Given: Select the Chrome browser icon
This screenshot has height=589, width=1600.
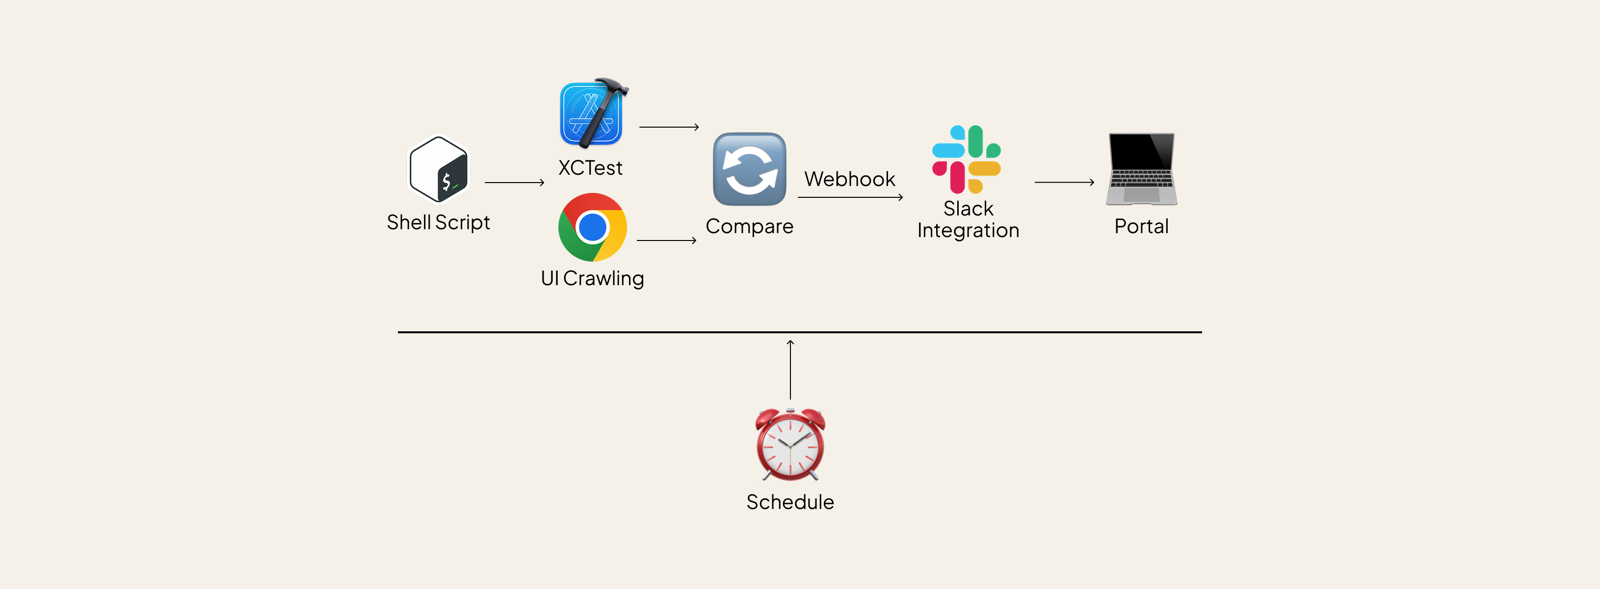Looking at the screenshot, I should click(593, 227).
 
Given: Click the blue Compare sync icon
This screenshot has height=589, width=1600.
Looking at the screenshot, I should click(750, 169).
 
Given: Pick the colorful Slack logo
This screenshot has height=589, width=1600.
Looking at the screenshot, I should click(967, 159).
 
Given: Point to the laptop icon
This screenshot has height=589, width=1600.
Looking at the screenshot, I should click(1142, 169).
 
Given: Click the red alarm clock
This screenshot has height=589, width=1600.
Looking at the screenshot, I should click(790, 445).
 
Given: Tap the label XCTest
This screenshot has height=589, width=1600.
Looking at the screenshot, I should click(590, 168).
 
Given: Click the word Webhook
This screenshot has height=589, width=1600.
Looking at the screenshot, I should click(850, 179).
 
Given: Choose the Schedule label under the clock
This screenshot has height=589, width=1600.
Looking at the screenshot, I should click(790, 502).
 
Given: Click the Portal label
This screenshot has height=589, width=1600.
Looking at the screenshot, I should click(1142, 226).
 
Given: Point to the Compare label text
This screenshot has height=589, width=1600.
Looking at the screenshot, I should click(750, 226).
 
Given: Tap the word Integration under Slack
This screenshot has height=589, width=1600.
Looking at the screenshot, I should click(969, 231).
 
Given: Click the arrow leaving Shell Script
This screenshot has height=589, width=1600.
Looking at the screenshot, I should click(514, 183).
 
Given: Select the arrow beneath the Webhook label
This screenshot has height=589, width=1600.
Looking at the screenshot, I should click(850, 198).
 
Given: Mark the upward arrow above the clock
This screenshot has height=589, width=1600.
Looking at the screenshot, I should click(790, 370).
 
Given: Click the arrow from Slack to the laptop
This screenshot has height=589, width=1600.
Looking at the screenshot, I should click(1064, 183).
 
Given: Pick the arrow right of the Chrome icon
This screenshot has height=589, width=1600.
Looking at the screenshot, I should click(666, 241).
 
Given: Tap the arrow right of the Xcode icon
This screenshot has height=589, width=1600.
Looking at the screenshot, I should click(669, 127).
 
